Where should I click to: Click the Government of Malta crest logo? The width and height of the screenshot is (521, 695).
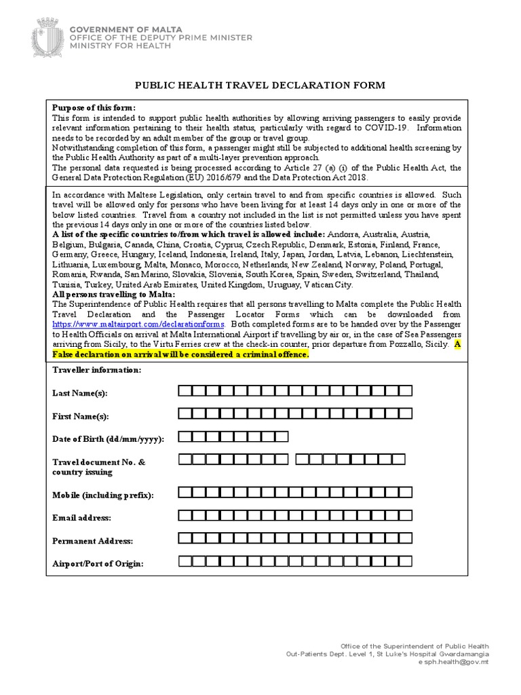(50, 37)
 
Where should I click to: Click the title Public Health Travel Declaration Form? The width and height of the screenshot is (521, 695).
(260, 86)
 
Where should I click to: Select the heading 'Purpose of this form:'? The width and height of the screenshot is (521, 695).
(94, 109)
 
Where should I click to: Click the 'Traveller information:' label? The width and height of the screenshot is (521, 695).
(97, 370)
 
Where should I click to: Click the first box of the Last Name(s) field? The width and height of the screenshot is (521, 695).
(185, 390)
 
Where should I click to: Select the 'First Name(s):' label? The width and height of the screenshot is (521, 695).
(80, 416)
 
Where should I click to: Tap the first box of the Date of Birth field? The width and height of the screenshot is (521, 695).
(185, 436)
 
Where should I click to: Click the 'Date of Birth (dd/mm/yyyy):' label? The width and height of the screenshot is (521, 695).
(108, 439)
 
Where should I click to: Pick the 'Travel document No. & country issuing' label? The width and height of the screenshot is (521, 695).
(99, 467)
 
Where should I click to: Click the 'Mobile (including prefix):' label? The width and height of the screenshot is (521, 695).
(103, 495)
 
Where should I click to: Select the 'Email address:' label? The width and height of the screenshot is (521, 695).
(81, 518)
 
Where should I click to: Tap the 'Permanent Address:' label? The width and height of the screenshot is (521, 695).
(92, 541)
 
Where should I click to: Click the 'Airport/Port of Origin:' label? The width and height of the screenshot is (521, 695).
(98, 564)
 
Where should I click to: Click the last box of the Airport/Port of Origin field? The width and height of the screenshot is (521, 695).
(405, 561)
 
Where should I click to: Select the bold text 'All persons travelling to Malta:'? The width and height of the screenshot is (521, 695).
(113, 294)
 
